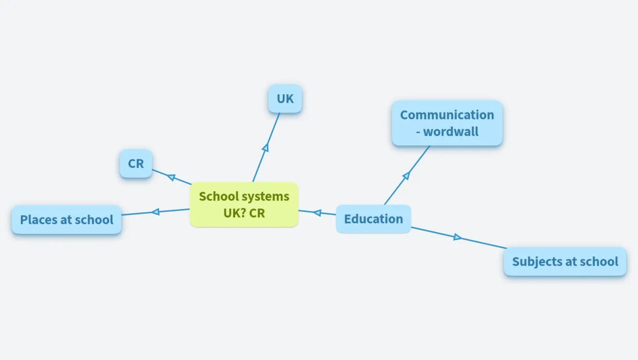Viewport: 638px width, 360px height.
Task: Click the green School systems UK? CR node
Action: [244, 204]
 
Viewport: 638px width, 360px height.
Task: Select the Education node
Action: [373, 219]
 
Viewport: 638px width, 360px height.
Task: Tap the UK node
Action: [285, 99]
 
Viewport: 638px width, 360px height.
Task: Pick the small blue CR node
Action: [136, 164]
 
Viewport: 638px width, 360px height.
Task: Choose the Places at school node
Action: [67, 219]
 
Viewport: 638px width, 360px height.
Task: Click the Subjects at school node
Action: [565, 262]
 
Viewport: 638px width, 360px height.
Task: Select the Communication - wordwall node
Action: [447, 123]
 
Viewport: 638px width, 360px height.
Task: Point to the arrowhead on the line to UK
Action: [266, 147]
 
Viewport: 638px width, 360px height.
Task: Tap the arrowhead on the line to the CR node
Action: [171, 177]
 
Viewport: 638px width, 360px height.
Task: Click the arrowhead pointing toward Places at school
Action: [155, 212]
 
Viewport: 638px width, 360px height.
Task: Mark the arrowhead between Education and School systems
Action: [317, 213]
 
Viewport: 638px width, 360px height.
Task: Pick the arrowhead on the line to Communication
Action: [406, 175]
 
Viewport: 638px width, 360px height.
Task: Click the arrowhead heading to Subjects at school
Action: [457, 237]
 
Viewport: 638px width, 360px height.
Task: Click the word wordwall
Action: [451, 132]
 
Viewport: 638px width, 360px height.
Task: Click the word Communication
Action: [447, 115]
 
